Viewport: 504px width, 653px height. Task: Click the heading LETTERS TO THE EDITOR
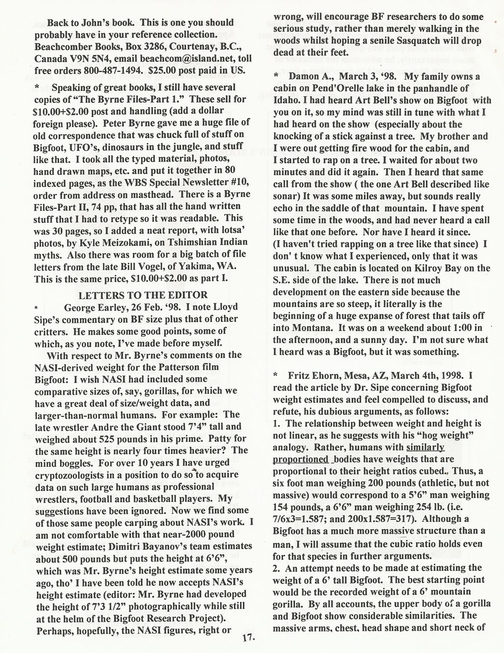click(143, 295)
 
